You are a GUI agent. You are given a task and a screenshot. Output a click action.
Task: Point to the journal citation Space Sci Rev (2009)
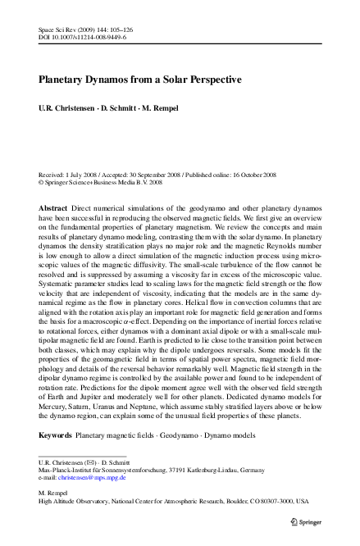[72, 29]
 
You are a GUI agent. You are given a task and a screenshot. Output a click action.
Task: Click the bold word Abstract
[53, 210]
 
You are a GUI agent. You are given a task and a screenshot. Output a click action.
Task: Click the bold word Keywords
[55, 435]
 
